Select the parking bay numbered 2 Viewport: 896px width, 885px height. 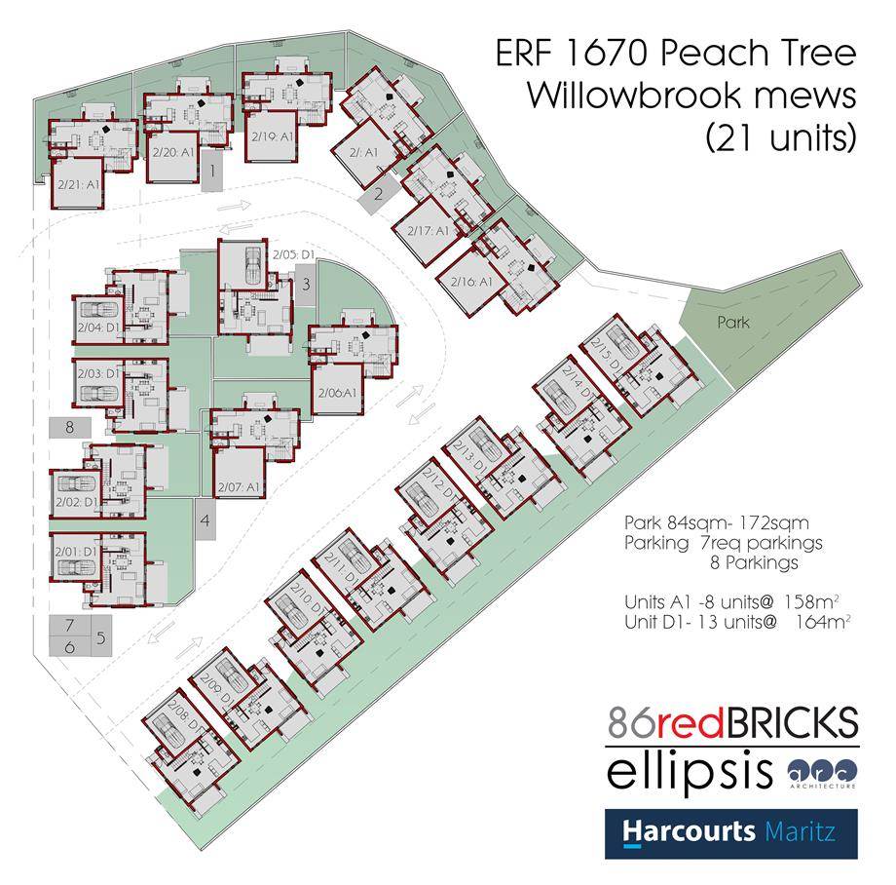pos(378,193)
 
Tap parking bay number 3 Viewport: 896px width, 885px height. pos(305,285)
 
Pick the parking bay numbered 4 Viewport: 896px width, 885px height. pos(205,520)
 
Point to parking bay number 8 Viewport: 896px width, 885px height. pos(69,427)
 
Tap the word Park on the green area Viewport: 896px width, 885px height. pos(734,322)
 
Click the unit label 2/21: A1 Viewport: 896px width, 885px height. pos(79,183)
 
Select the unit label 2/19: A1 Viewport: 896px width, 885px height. pos(270,137)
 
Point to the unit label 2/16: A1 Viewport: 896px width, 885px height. pos(471,281)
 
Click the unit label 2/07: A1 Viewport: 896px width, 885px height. pos(238,486)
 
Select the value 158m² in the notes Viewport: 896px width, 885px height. pos(820,599)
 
